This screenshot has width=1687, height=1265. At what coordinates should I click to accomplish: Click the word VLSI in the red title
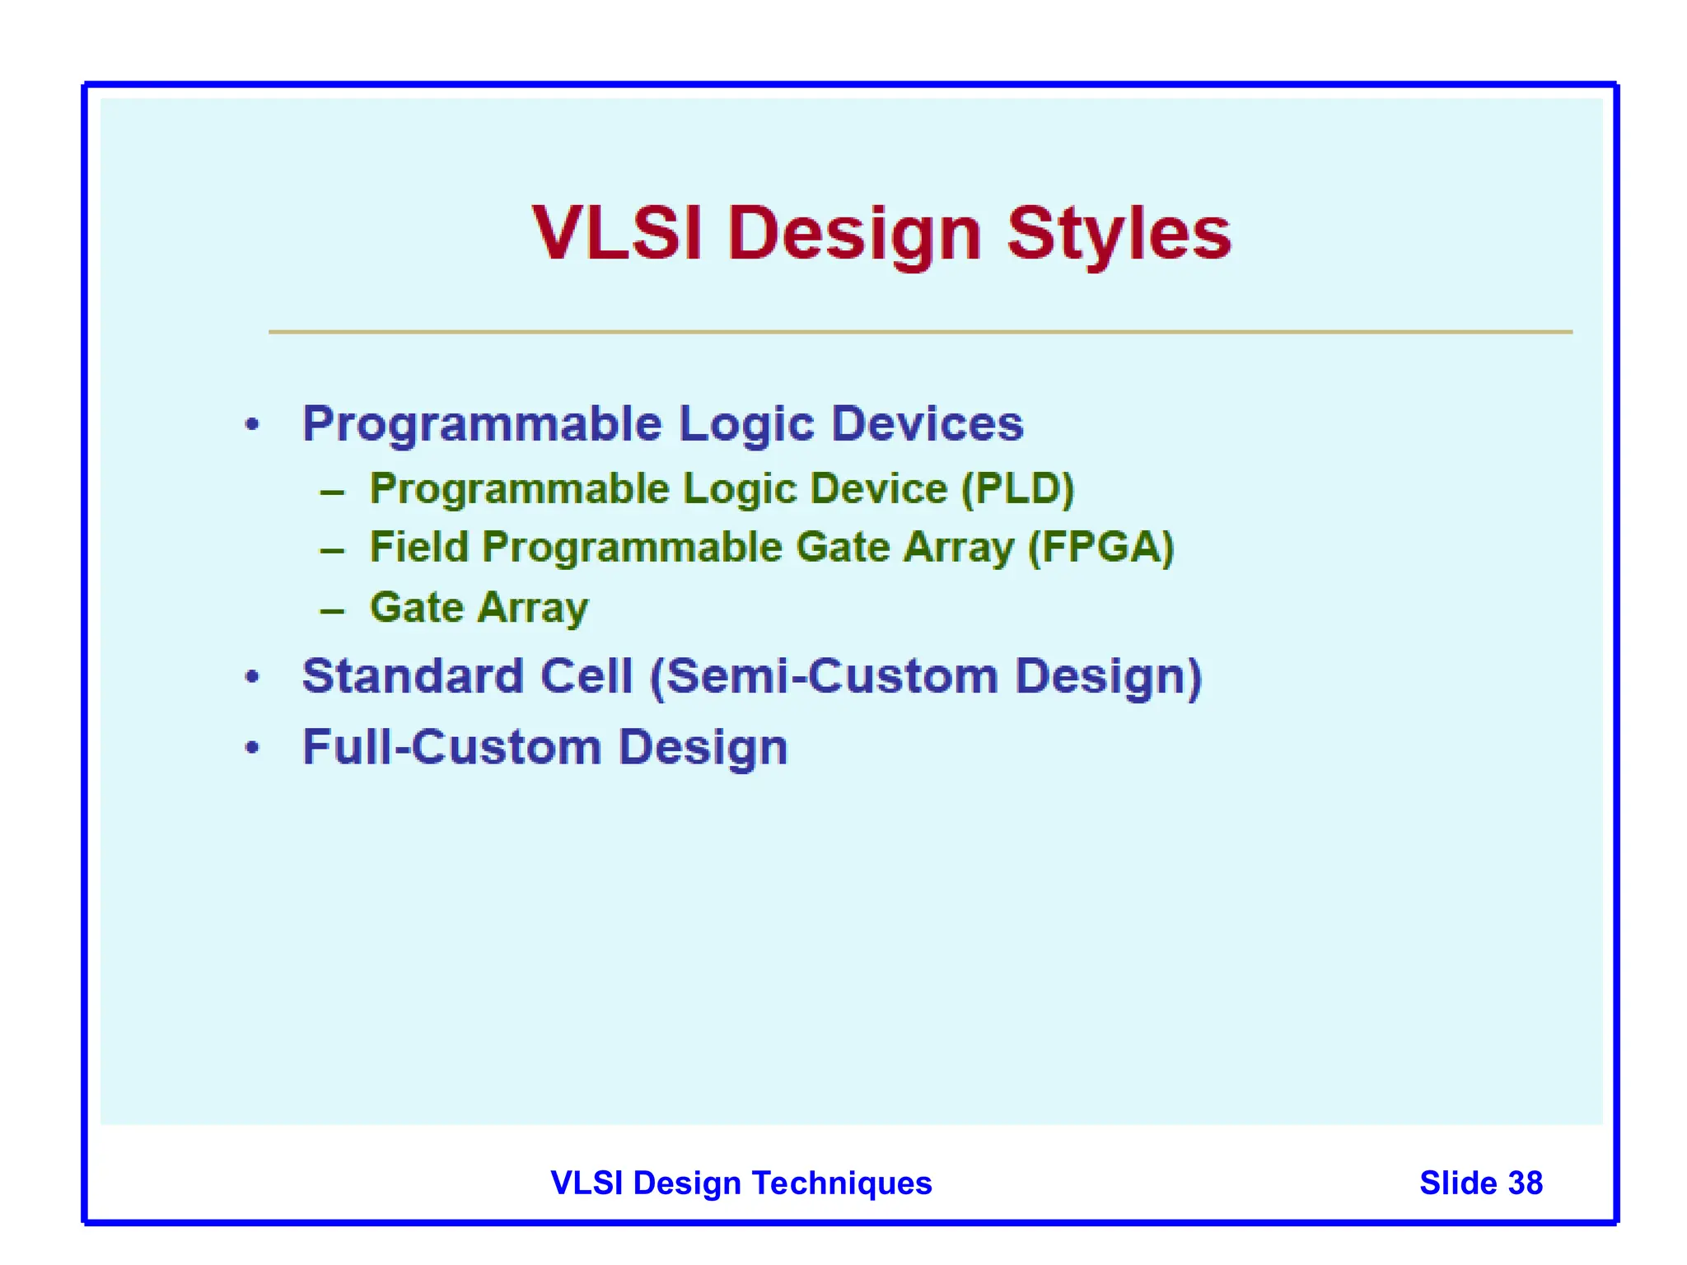point(616,234)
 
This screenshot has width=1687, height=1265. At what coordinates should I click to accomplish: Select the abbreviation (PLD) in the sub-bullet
point(1018,489)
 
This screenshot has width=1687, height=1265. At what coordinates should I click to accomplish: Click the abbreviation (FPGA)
point(1101,548)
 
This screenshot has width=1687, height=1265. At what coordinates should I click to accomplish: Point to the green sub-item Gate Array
point(479,609)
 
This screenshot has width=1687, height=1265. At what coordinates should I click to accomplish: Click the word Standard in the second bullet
point(413,676)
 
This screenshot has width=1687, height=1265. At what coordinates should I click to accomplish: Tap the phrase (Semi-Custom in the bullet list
point(824,676)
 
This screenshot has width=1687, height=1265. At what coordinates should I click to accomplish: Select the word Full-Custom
point(451,748)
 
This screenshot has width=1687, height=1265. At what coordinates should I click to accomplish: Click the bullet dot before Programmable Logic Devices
point(253,425)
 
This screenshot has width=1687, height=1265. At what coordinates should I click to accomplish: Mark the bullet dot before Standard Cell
point(253,677)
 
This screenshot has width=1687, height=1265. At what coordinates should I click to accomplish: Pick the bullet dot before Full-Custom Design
point(253,748)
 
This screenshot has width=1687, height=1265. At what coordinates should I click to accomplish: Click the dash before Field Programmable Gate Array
point(332,550)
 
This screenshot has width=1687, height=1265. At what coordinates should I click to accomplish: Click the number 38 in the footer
point(1525,1183)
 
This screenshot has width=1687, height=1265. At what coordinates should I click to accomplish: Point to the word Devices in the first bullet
point(927,424)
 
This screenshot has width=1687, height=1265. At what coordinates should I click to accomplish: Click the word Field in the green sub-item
point(418,548)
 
